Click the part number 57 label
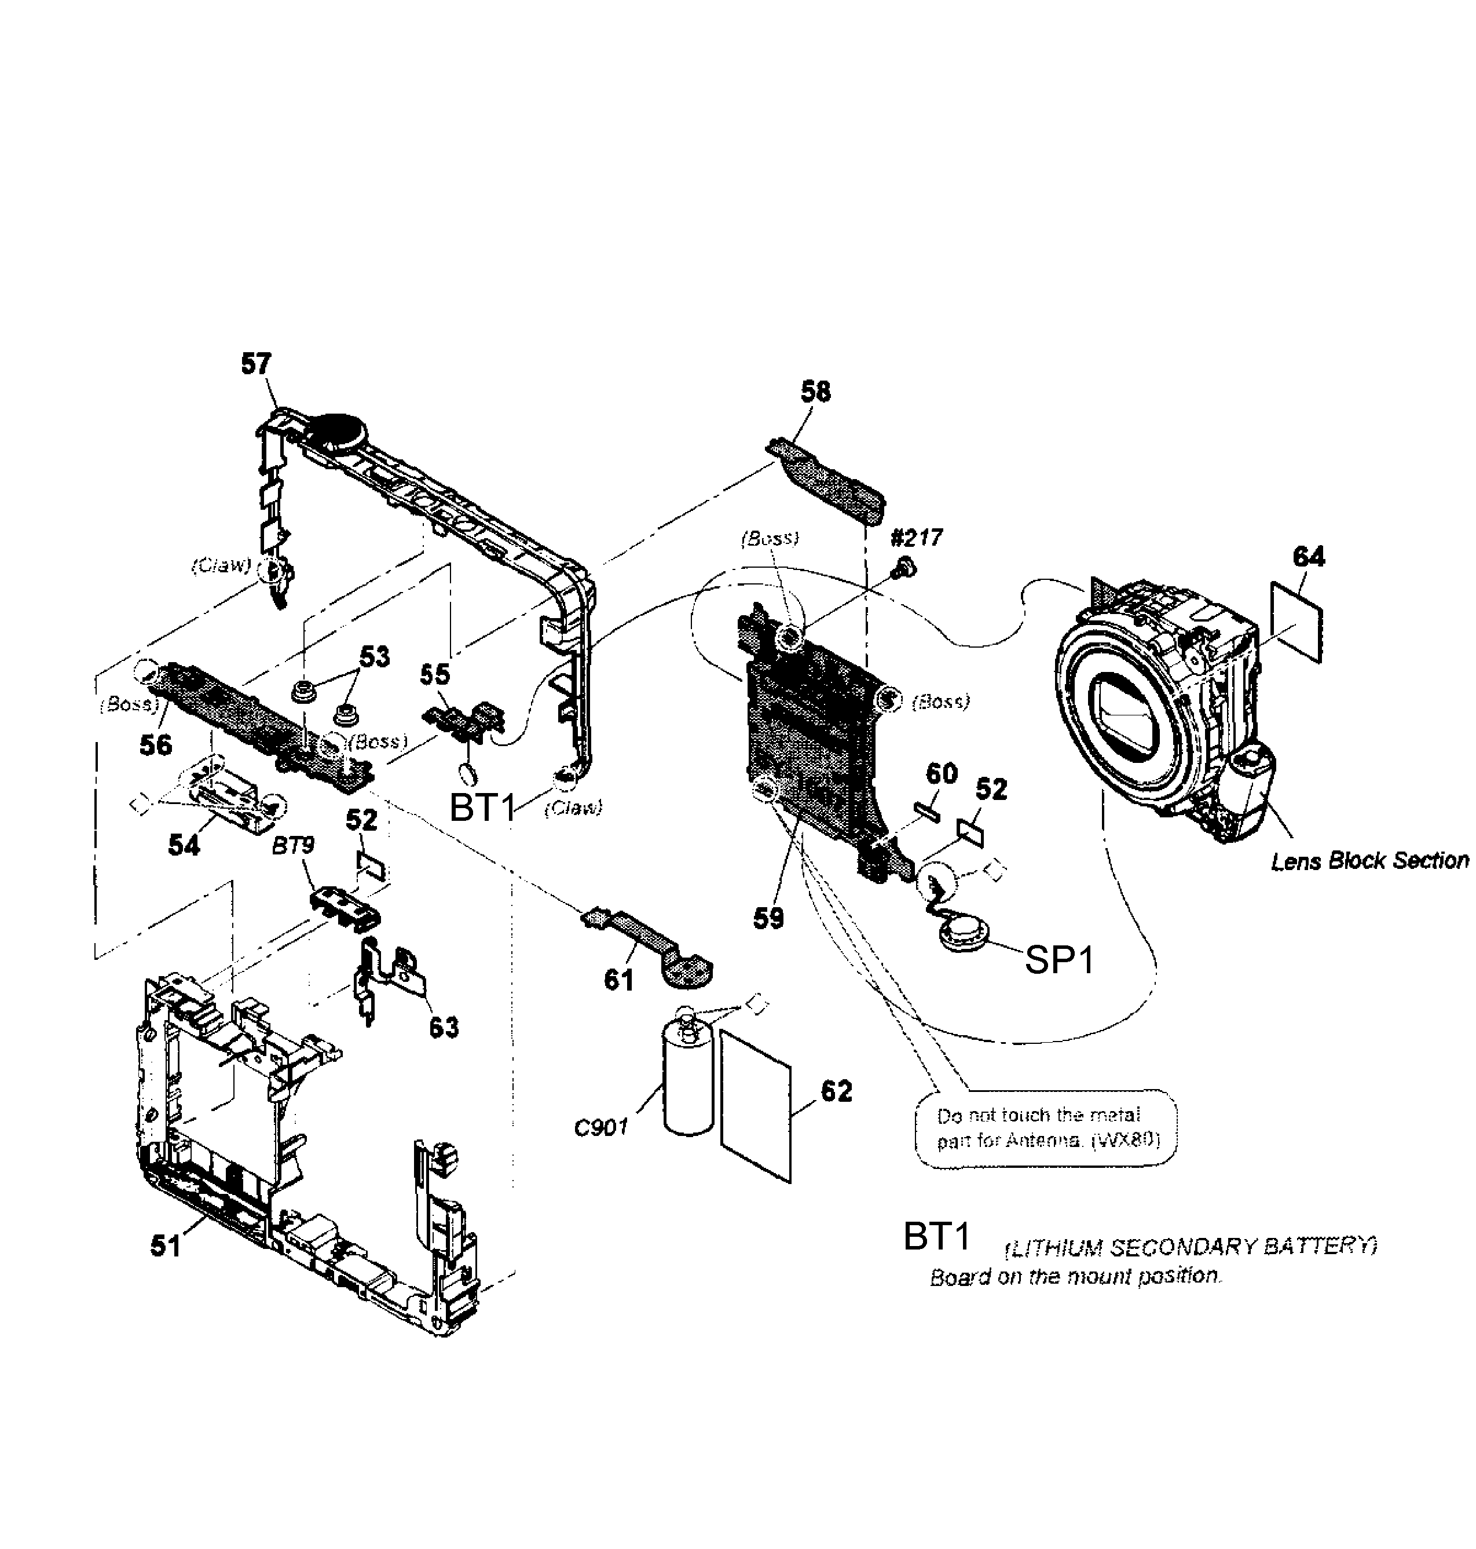(x=256, y=364)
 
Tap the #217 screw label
(x=916, y=538)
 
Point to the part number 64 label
(x=1309, y=557)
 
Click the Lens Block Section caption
(x=1369, y=861)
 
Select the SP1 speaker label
(x=1059, y=960)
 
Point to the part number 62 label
(x=836, y=1092)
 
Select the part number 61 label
(x=618, y=980)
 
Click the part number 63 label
(x=443, y=1027)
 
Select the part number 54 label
(x=184, y=845)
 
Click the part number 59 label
(x=768, y=918)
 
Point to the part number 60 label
(x=941, y=774)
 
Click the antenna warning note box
(x=1046, y=1127)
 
